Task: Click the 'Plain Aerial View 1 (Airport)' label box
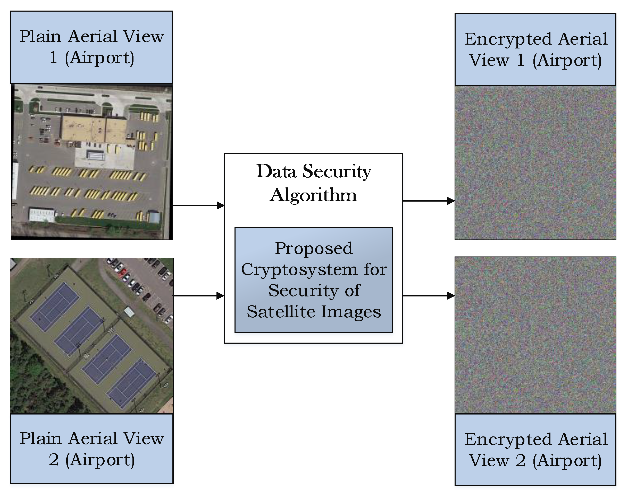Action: [91, 47]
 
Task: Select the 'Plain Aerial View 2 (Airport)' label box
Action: [92, 449]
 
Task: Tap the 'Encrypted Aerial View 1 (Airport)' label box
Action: [535, 49]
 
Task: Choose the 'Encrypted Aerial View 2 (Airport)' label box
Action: [535, 450]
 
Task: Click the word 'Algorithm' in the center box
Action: [313, 195]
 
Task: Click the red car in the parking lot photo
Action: [123, 272]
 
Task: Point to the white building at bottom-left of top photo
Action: [42, 215]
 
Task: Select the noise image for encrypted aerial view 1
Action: [535, 163]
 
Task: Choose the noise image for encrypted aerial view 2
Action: [535, 335]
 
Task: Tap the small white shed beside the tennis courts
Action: [129, 312]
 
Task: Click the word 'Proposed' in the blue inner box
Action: [314, 248]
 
